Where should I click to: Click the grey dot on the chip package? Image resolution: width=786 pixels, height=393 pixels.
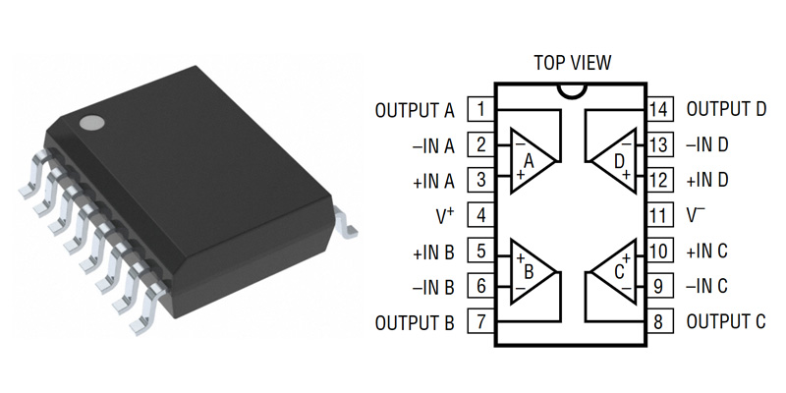pyautogui.click(x=92, y=123)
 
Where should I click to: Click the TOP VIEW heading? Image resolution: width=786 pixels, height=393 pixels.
pyautogui.click(x=572, y=63)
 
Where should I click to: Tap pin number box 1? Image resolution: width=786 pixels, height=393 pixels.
pyautogui.click(x=480, y=109)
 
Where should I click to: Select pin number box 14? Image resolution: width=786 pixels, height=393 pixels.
pyautogui.click(x=658, y=109)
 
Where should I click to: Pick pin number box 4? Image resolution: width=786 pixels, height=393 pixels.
pyautogui.click(x=480, y=215)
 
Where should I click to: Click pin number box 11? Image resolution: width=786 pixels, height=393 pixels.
pyautogui.click(x=658, y=215)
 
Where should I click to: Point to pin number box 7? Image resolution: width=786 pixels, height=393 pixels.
pyautogui.click(x=480, y=322)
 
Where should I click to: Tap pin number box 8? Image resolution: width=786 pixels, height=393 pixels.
pyautogui.click(x=658, y=322)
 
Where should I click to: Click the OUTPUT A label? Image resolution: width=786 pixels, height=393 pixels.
pyautogui.click(x=415, y=110)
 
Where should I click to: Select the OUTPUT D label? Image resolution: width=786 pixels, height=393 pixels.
pyautogui.click(x=726, y=109)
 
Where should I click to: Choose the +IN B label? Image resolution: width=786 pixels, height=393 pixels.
pyautogui.click(x=432, y=252)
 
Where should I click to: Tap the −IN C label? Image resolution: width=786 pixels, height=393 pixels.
pyautogui.click(x=706, y=287)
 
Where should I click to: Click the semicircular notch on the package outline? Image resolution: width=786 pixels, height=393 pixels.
pyautogui.click(x=571, y=91)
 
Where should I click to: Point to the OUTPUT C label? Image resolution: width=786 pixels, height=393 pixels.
pyautogui.click(x=726, y=322)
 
